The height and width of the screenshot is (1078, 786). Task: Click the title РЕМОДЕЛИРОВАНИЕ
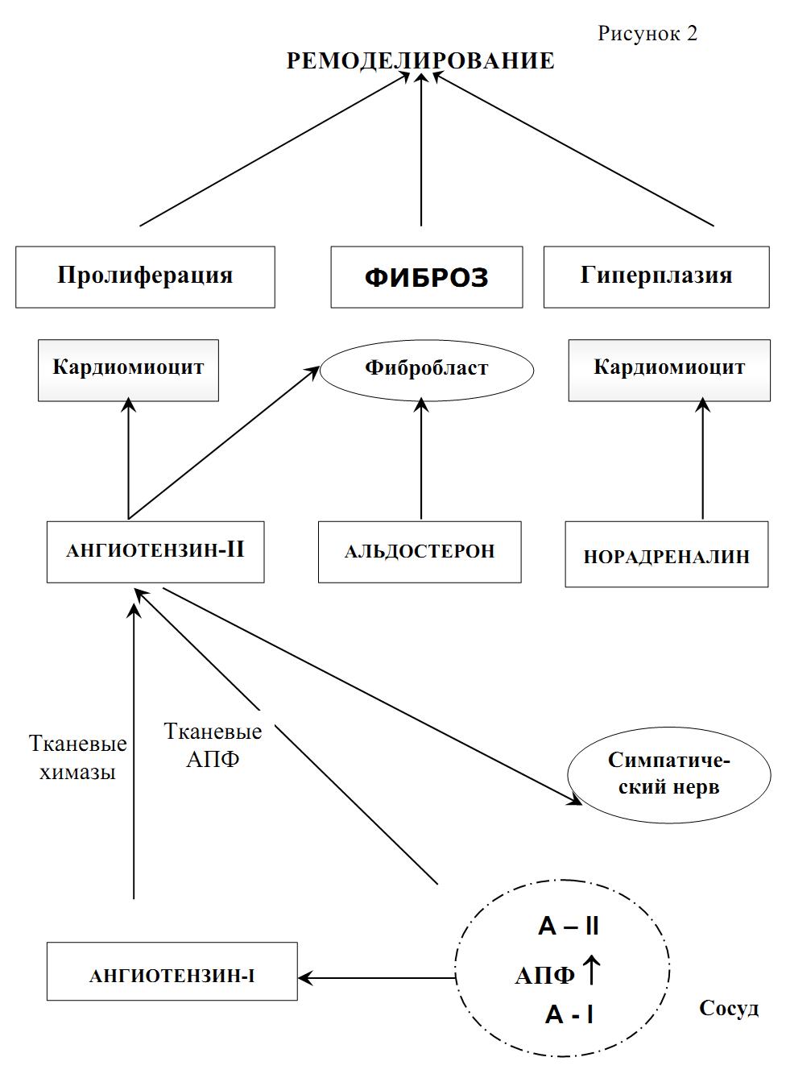420,61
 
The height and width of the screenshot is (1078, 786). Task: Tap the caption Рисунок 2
647,33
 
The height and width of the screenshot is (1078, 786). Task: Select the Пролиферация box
145,276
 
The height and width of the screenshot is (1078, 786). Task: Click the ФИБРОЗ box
426,277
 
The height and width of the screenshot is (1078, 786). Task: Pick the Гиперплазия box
656,276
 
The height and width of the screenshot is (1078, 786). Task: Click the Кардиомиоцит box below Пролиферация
128,370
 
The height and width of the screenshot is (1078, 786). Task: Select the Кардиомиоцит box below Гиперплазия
669,370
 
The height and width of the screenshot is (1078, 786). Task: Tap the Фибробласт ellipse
426,370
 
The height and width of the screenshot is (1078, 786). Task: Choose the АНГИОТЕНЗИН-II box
155,551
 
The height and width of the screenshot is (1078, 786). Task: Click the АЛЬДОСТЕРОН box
420,552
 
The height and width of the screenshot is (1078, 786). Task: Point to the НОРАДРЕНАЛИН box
666,556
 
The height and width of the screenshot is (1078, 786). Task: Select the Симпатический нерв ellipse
668,774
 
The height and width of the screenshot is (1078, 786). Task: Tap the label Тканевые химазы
77,757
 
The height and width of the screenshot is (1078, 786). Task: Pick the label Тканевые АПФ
213,745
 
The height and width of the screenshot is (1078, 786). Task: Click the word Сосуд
728,1009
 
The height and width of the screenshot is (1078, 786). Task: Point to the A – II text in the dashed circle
569,927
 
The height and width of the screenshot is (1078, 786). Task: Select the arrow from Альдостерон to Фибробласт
421,459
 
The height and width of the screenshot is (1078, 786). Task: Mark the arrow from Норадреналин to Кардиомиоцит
703,459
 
